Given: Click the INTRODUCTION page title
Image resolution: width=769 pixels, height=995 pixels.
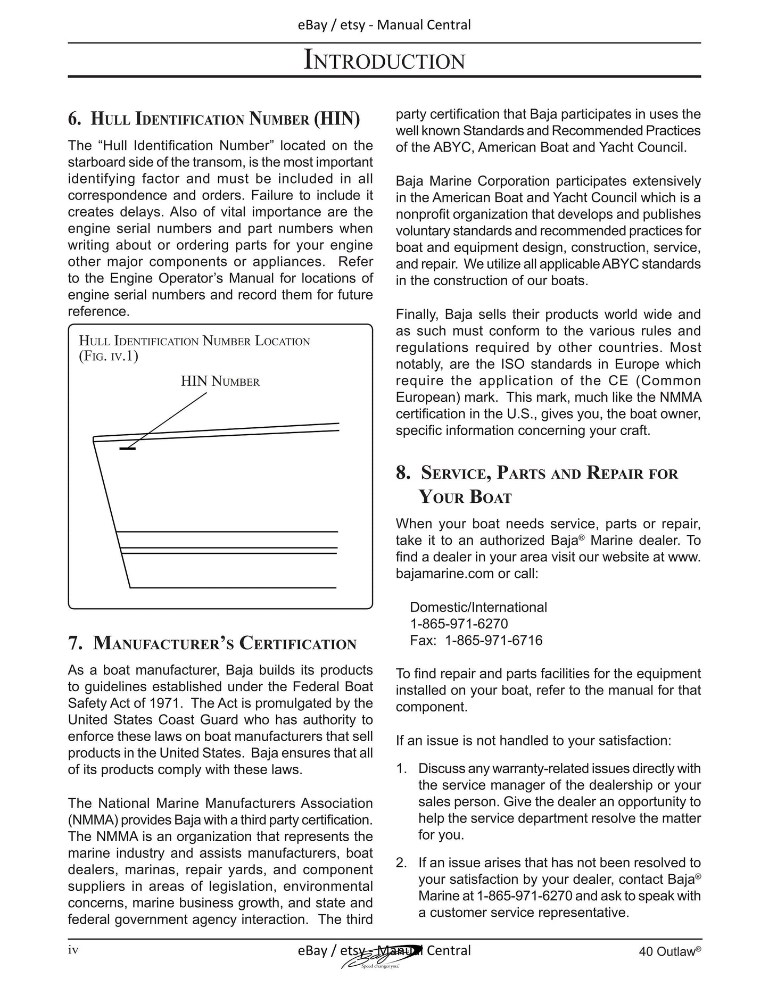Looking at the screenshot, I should click(x=384, y=60).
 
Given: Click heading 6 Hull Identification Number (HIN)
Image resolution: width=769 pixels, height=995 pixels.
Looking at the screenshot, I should click(x=214, y=118).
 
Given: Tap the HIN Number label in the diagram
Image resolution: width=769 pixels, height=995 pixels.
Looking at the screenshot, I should click(x=220, y=382).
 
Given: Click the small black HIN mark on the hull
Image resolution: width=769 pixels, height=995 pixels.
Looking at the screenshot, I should click(x=127, y=449).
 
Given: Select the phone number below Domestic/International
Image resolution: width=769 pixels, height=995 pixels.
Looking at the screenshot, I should click(x=459, y=624).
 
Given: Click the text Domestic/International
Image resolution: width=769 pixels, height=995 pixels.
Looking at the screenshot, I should click(x=478, y=607).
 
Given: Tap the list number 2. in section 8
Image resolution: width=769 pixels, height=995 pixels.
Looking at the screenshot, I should click(x=401, y=863).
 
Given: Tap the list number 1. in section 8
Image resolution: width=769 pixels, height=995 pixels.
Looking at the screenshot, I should click(x=401, y=768).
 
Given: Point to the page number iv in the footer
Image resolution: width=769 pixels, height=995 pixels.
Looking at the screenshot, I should click(x=73, y=950).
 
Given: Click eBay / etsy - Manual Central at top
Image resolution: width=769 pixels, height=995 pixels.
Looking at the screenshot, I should click(x=384, y=25).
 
